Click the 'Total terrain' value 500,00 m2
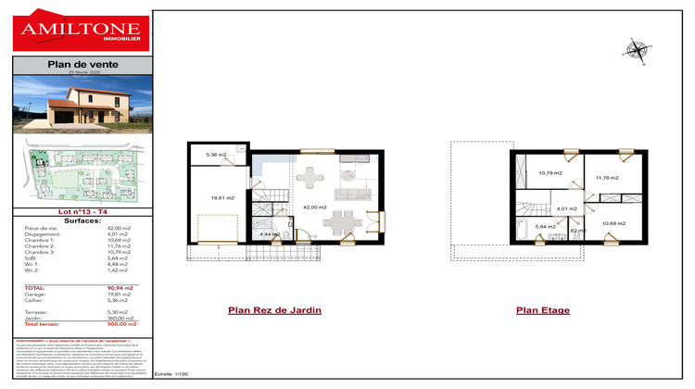coord(121,325)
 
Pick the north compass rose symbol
coord(638,50)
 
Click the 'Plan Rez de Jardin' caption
coord(274,310)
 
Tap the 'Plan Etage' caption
coord(542,310)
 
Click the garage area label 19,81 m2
coord(222,197)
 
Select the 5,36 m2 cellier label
coord(216,155)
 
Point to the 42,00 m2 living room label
coord(315,207)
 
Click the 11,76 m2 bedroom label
coord(607,178)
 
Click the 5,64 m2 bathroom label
coord(546,227)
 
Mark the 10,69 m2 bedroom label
coord(613,223)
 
